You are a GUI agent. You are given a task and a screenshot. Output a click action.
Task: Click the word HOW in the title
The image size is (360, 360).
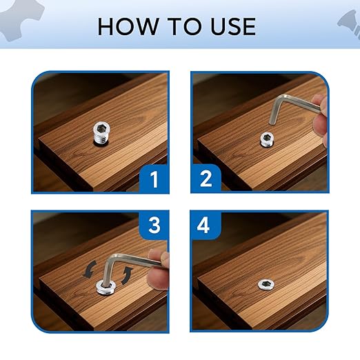(128, 26)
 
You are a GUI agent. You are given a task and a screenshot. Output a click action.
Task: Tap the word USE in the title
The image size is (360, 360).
(233, 26)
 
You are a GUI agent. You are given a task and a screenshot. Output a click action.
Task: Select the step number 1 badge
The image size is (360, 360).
(154, 179)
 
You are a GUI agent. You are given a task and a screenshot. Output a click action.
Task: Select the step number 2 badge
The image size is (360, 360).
(206, 179)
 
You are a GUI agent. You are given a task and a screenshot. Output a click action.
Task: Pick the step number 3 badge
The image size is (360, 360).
(154, 226)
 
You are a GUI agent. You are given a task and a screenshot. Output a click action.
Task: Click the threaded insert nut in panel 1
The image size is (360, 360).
(102, 134)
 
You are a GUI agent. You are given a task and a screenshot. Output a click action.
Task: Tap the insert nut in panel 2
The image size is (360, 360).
(267, 139)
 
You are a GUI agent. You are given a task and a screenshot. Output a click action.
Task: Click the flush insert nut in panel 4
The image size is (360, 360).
(266, 284)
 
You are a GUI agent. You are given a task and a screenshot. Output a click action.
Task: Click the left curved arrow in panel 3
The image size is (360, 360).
(90, 270)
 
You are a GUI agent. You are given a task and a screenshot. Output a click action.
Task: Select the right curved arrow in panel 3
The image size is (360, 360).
(128, 275)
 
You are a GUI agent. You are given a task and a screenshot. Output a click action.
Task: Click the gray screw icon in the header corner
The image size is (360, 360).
(350, 23)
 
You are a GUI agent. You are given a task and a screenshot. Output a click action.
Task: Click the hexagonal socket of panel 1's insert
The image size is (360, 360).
(101, 127)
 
